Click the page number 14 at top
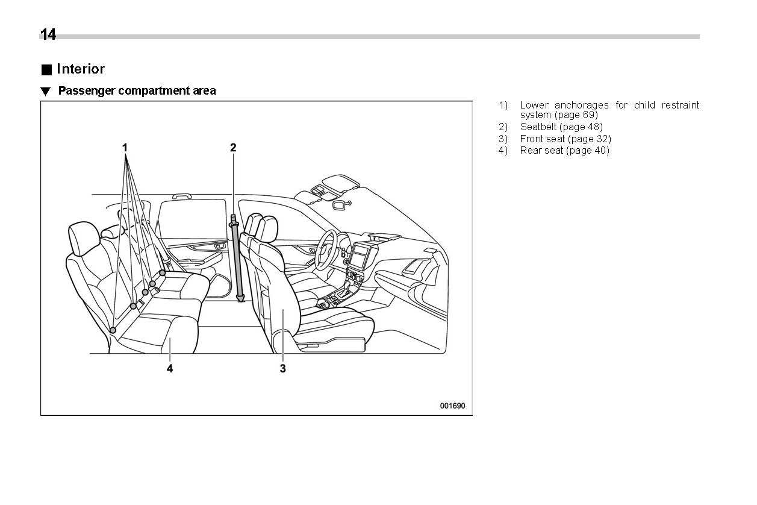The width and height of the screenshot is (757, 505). click(48, 35)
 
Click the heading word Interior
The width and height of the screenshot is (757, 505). click(80, 69)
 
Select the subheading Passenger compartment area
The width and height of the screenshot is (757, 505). click(137, 91)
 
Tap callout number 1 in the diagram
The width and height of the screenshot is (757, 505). click(125, 147)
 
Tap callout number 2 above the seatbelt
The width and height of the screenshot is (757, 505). click(233, 147)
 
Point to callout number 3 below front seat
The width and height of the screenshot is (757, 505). click(282, 368)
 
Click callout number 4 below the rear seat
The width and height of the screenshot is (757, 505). click(170, 368)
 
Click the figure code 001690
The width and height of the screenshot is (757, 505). click(452, 406)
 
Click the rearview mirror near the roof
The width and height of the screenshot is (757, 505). click(340, 205)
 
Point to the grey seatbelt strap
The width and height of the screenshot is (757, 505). click(237, 259)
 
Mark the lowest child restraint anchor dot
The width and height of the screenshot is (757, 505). click(113, 330)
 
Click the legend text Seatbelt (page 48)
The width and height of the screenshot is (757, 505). click(561, 127)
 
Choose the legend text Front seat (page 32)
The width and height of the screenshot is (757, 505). click(565, 139)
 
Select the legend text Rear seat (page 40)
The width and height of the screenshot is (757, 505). click(564, 151)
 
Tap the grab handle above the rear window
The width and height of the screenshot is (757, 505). click(181, 196)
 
